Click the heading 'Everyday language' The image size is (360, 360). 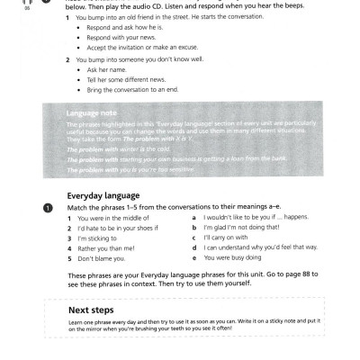[103, 193]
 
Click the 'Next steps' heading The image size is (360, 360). [90, 310]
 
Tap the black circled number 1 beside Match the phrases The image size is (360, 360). [49, 207]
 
